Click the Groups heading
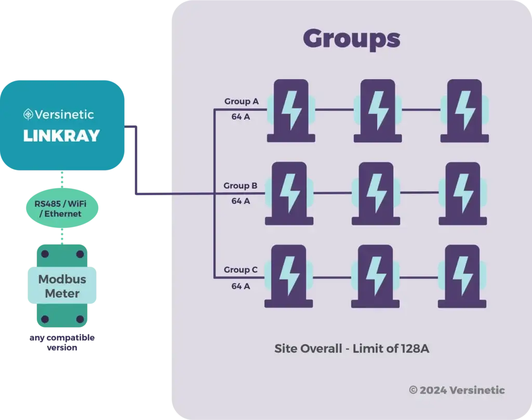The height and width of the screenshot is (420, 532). pyautogui.click(x=351, y=39)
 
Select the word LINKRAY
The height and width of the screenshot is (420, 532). pyautogui.click(x=61, y=136)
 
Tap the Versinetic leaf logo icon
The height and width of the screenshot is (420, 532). pyautogui.click(x=29, y=114)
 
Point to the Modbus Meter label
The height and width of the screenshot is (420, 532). pyautogui.click(x=62, y=286)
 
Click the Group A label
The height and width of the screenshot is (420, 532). pyautogui.click(x=241, y=101)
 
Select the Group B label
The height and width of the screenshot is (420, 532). pyautogui.click(x=241, y=185)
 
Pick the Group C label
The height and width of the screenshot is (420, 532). pyautogui.click(x=241, y=270)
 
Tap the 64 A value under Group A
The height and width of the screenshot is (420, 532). pyautogui.click(x=241, y=117)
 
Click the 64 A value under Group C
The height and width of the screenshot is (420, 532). pyautogui.click(x=241, y=285)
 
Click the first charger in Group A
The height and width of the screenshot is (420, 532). pyautogui.click(x=291, y=110)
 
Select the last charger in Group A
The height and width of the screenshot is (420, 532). pyautogui.click(x=464, y=110)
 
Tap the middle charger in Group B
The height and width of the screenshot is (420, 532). pyautogui.click(x=376, y=194)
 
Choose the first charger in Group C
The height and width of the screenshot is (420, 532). pyautogui.click(x=290, y=277)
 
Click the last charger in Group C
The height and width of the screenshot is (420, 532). pyautogui.click(x=462, y=277)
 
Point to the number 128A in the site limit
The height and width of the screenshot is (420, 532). pyautogui.click(x=415, y=349)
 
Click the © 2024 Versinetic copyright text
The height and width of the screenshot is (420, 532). pyautogui.click(x=457, y=390)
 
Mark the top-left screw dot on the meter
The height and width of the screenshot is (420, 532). pyautogui.click(x=45, y=254)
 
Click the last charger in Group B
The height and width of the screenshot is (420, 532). pyautogui.click(x=462, y=194)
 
